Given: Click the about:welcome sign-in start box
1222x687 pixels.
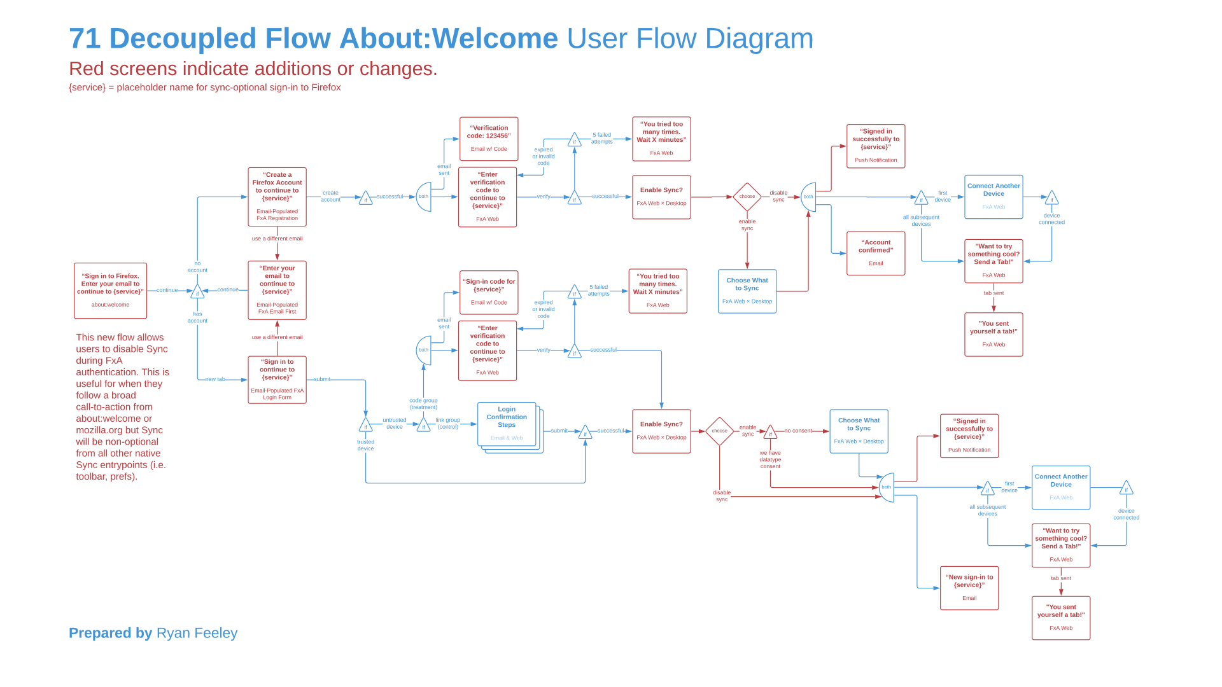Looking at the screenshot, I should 110,291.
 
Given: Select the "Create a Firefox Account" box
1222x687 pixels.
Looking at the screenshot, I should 277,197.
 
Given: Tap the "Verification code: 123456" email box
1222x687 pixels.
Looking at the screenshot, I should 489,139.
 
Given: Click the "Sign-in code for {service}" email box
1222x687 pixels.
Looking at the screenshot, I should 489,292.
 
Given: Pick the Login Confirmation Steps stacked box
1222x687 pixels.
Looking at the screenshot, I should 507,424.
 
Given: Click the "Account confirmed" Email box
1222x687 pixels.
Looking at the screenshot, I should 876,253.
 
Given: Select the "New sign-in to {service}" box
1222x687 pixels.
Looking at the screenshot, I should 969,588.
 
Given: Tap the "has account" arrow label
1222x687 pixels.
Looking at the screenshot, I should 197,317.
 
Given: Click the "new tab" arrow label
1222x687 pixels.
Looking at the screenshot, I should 215,379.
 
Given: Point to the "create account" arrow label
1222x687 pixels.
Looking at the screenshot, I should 330,196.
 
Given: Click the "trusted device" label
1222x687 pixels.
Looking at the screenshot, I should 365,445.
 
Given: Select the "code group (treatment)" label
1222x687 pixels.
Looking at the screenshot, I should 423,404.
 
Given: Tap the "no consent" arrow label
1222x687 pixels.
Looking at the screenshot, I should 797,431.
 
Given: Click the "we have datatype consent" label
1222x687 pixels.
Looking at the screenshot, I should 770,460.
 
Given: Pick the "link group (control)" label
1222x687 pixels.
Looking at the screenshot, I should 447,423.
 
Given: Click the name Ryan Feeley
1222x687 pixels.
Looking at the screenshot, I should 197,633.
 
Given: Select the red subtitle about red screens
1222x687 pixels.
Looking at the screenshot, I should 253,69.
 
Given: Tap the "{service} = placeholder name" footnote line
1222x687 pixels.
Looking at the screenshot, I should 204,88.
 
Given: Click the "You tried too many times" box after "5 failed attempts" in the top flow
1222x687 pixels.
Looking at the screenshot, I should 661,139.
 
